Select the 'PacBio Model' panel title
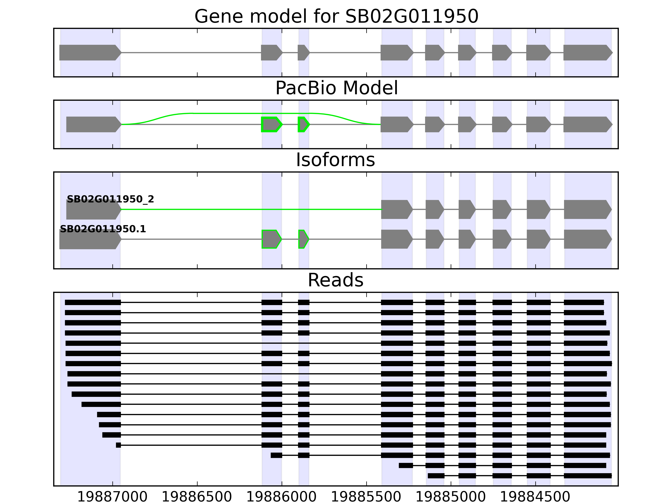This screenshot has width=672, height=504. (336, 88)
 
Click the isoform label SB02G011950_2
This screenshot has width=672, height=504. (110, 199)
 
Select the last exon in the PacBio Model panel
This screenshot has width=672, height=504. (586, 124)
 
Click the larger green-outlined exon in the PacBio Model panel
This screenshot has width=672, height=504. (271, 124)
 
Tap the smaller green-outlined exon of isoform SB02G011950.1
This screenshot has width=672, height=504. (303, 239)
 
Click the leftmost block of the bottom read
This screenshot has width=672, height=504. (436, 476)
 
